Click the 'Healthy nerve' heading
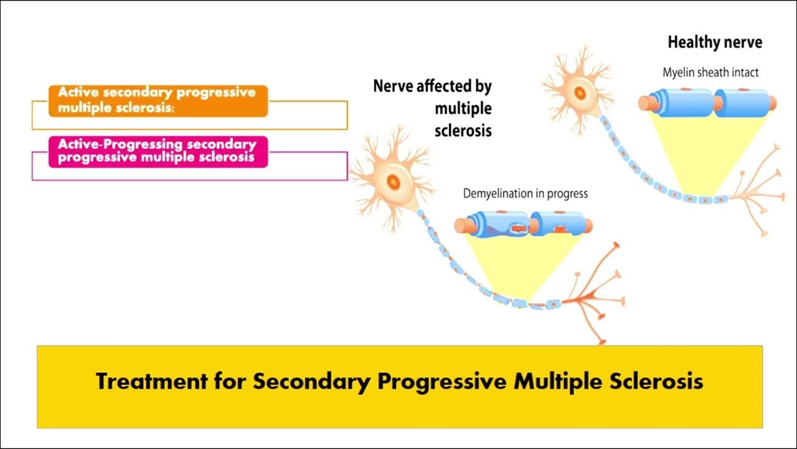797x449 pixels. click(x=715, y=43)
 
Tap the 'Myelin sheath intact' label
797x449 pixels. click(x=710, y=72)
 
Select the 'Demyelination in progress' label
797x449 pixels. click(x=525, y=193)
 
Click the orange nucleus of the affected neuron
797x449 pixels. click(x=394, y=181)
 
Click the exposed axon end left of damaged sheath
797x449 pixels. click(x=460, y=225)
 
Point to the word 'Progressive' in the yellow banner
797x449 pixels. click(x=441, y=381)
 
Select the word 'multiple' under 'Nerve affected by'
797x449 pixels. click(x=463, y=109)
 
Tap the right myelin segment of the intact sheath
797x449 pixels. click(x=741, y=102)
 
